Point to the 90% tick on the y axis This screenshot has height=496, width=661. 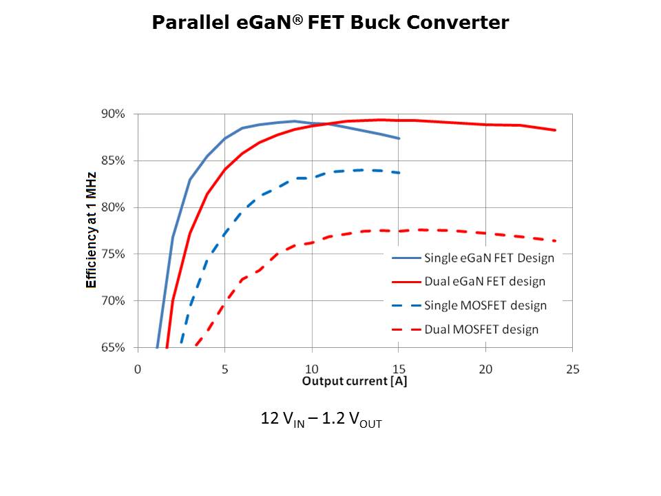click(114, 114)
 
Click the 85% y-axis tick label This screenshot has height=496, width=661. click(114, 161)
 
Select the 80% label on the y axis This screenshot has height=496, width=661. click(114, 207)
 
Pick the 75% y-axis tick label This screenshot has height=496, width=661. click(114, 254)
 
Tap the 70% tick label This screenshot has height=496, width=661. click(114, 301)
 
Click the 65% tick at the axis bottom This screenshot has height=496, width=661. click(114, 348)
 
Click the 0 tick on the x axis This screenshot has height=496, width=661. click(138, 369)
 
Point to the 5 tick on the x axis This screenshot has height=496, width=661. click(224, 369)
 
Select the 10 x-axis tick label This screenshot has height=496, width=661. click(311, 369)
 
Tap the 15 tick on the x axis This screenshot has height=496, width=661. click(399, 369)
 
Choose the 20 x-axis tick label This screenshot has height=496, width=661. click(485, 369)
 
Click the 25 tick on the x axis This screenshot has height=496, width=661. click(572, 369)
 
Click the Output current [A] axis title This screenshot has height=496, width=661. click(354, 381)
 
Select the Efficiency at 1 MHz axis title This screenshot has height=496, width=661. click(91, 230)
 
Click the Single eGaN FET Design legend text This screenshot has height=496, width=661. click(489, 258)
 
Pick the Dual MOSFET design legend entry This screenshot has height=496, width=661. click(481, 329)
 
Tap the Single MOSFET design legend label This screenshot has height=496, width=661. click(485, 305)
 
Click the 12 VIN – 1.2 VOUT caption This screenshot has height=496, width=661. click(320, 420)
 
